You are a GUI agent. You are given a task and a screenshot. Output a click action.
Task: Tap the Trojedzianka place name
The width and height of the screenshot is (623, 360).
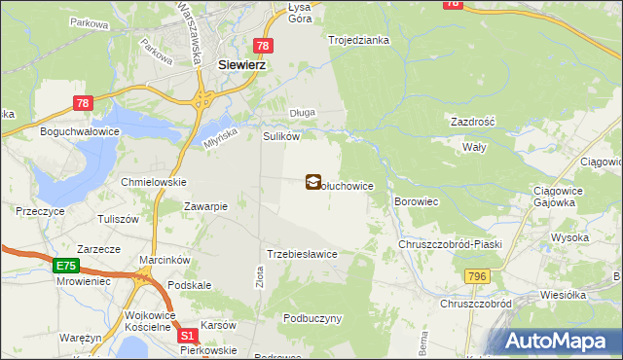coord(359,40)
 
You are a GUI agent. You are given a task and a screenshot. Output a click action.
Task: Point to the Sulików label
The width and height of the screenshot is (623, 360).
coord(280,137)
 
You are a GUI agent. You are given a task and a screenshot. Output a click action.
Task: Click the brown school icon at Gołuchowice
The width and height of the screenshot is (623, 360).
coord(313,181)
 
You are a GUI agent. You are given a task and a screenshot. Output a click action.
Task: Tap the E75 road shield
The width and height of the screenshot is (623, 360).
coord(66,265)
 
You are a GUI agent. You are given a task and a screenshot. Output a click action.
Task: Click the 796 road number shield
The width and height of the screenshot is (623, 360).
coord(477,277)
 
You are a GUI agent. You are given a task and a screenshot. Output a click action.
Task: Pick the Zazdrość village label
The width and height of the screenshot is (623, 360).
coord(473,123)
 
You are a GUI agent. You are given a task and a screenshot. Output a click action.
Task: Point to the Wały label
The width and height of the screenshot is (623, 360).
coord(473,146)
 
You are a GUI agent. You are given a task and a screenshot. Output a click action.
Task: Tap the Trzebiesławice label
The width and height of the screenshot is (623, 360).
coord(302,254)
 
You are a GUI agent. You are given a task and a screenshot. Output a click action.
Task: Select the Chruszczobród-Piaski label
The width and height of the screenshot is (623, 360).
coord(450,244)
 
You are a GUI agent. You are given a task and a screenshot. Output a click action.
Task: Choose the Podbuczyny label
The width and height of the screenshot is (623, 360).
coord(312,318)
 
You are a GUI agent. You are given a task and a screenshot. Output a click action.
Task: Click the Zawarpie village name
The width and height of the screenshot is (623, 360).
coord(206,206)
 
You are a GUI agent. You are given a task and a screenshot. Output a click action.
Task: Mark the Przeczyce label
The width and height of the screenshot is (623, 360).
coord(40,210)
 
